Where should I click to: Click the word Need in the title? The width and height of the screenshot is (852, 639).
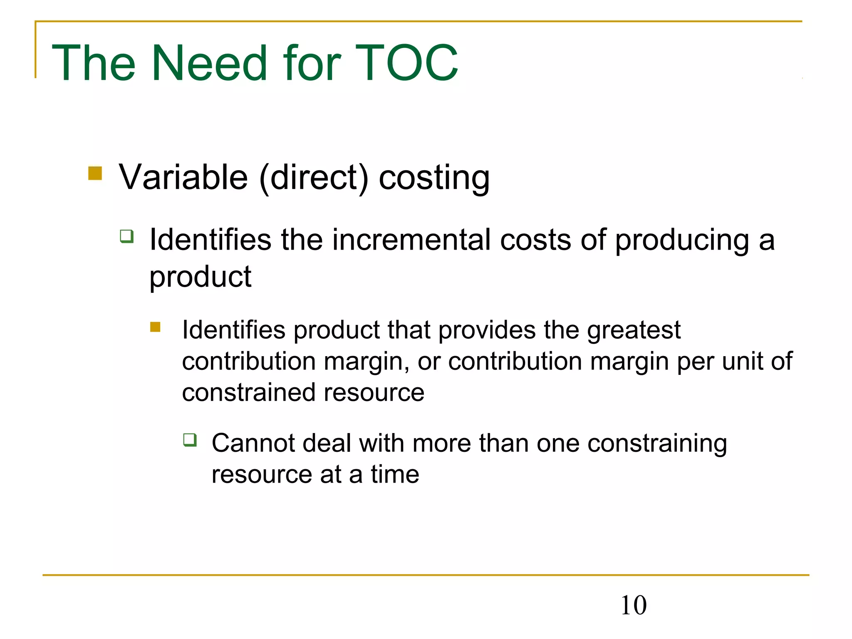tap(209, 63)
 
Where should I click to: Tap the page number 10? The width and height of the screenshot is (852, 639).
tap(633, 605)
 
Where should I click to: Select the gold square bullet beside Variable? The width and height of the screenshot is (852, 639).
tap(95, 173)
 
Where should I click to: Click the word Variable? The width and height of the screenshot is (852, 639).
tap(183, 177)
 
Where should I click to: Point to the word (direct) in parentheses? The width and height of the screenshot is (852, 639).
tap(314, 178)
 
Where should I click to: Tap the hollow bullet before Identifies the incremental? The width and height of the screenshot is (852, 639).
tap(127, 236)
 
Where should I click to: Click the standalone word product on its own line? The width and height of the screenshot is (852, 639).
tap(200, 277)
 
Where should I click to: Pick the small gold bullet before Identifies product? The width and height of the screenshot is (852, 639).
tap(155, 327)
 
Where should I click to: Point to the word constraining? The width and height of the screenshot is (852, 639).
tap(657, 444)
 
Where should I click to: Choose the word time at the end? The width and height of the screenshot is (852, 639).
tap(395, 474)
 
